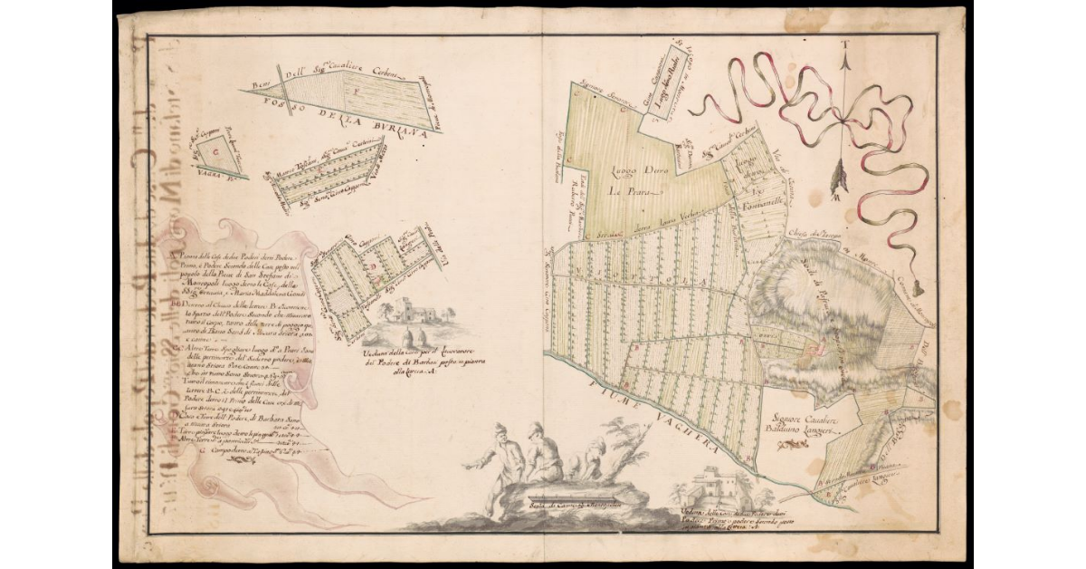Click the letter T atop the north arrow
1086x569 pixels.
pos(842,43)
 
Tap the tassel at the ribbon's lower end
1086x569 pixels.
pos(917,288)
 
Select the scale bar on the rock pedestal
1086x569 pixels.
pos(561,504)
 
